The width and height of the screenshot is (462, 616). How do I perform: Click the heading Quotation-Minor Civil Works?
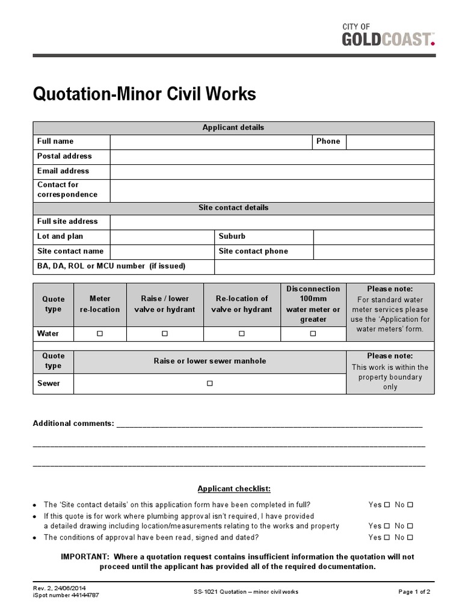coord(144,94)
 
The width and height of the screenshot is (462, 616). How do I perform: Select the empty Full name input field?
coord(211,142)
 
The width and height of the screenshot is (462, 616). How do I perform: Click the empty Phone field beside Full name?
coord(389,142)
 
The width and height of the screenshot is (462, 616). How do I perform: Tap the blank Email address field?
coord(271,171)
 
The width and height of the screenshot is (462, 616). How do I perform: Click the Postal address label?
coord(64,156)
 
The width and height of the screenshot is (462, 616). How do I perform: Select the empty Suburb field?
coord(373,237)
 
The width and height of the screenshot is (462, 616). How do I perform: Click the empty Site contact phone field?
coord(373,252)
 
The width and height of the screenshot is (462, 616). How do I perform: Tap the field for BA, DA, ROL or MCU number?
coord(324,266)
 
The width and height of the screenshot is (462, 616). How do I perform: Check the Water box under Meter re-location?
coord(100,333)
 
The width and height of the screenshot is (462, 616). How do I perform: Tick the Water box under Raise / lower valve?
coord(165,333)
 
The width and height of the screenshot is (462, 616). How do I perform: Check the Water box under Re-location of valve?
coord(242,333)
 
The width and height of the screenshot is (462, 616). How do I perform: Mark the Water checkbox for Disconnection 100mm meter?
coord(313,333)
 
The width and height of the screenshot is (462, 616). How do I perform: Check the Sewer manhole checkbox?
coord(209,383)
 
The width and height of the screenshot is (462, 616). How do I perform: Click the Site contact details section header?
coord(233,208)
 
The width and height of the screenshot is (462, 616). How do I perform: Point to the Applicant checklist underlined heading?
coord(234,488)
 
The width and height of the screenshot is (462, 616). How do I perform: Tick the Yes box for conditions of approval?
coord(387,537)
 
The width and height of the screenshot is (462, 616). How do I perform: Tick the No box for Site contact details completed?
coord(410,505)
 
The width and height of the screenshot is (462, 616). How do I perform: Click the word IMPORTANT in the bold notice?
coord(85,557)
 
